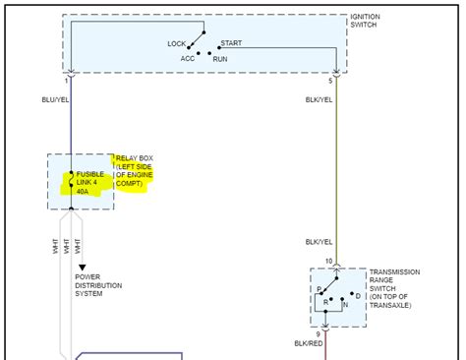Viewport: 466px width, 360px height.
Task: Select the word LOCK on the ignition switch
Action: (x=177, y=44)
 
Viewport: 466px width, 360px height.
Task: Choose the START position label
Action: (x=231, y=44)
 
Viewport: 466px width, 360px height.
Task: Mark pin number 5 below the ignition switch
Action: (x=331, y=81)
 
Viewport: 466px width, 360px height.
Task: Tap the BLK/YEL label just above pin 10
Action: (x=319, y=242)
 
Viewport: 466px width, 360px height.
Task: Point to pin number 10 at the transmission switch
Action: (x=328, y=261)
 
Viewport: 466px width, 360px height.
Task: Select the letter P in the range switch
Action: (x=320, y=289)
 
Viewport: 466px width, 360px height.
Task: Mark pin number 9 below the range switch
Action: (x=317, y=334)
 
